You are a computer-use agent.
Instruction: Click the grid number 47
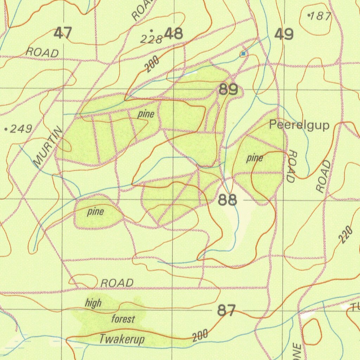click(63, 34)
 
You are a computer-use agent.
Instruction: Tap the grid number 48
click(174, 34)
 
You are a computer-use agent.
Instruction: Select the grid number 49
click(284, 34)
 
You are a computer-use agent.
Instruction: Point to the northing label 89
click(228, 90)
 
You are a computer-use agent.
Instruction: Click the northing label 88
click(227, 200)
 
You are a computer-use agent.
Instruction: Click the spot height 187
click(320, 16)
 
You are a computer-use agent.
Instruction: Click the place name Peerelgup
click(299, 126)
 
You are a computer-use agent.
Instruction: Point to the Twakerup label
click(122, 340)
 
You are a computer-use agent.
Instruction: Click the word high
click(93, 303)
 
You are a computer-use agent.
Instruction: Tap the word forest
click(123, 319)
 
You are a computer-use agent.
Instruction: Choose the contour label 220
click(346, 235)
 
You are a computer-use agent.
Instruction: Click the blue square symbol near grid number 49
click(243, 53)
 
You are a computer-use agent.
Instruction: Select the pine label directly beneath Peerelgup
click(255, 159)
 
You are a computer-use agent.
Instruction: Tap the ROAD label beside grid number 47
click(43, 53)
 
